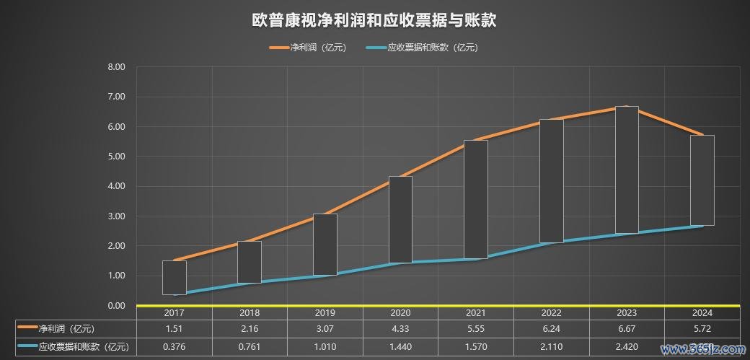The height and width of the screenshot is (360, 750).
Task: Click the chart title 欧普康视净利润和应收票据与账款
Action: click(x=374, y=19)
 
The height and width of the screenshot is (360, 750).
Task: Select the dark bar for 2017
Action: click(x=174, y=278)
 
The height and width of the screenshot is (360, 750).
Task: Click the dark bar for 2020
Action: click(x=400, y=219)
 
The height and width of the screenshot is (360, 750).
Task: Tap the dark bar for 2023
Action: click(x=627, y=170)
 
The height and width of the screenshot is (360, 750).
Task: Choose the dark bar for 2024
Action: click(x=702, y=180)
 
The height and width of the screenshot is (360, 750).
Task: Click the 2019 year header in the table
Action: click(x=325, y=313)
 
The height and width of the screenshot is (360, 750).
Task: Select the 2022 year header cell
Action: click(x=552, y=313)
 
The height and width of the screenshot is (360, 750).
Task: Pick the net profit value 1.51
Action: click(x=174, y=329)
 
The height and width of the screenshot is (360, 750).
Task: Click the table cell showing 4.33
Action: click(x=400, y=329)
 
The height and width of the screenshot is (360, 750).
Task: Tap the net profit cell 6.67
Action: click(x=627, y=329)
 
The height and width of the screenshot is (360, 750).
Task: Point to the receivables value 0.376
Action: click(x=174, y=347)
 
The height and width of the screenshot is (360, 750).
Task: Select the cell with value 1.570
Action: click(x=476, y=347)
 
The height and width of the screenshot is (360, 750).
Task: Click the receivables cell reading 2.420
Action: click(x=627, y=347)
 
